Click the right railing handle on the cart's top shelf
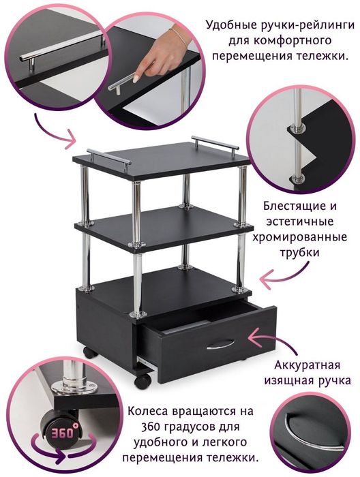pyautogui.click(x=215, y=144)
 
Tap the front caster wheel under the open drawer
pyautogui.click(x=142, y=380)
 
